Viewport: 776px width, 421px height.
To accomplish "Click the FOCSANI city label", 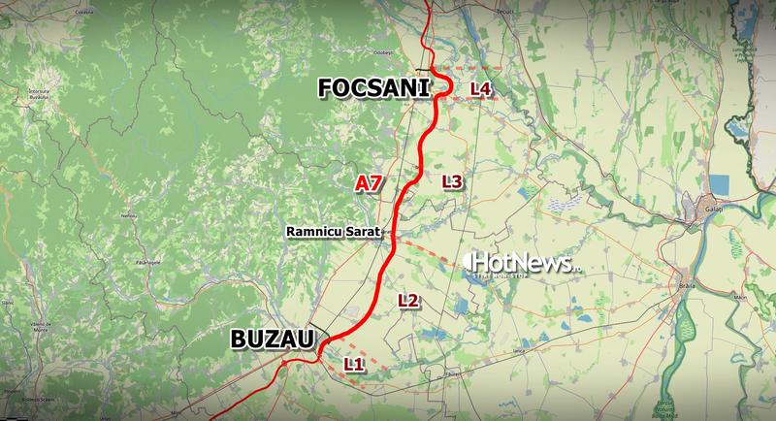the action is tap(373, 89).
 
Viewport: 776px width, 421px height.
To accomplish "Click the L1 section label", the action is tap(353, 365).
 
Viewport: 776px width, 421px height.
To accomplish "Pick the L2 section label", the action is tap(408, 301).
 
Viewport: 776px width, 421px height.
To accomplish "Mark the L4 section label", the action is tap(480, 89).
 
